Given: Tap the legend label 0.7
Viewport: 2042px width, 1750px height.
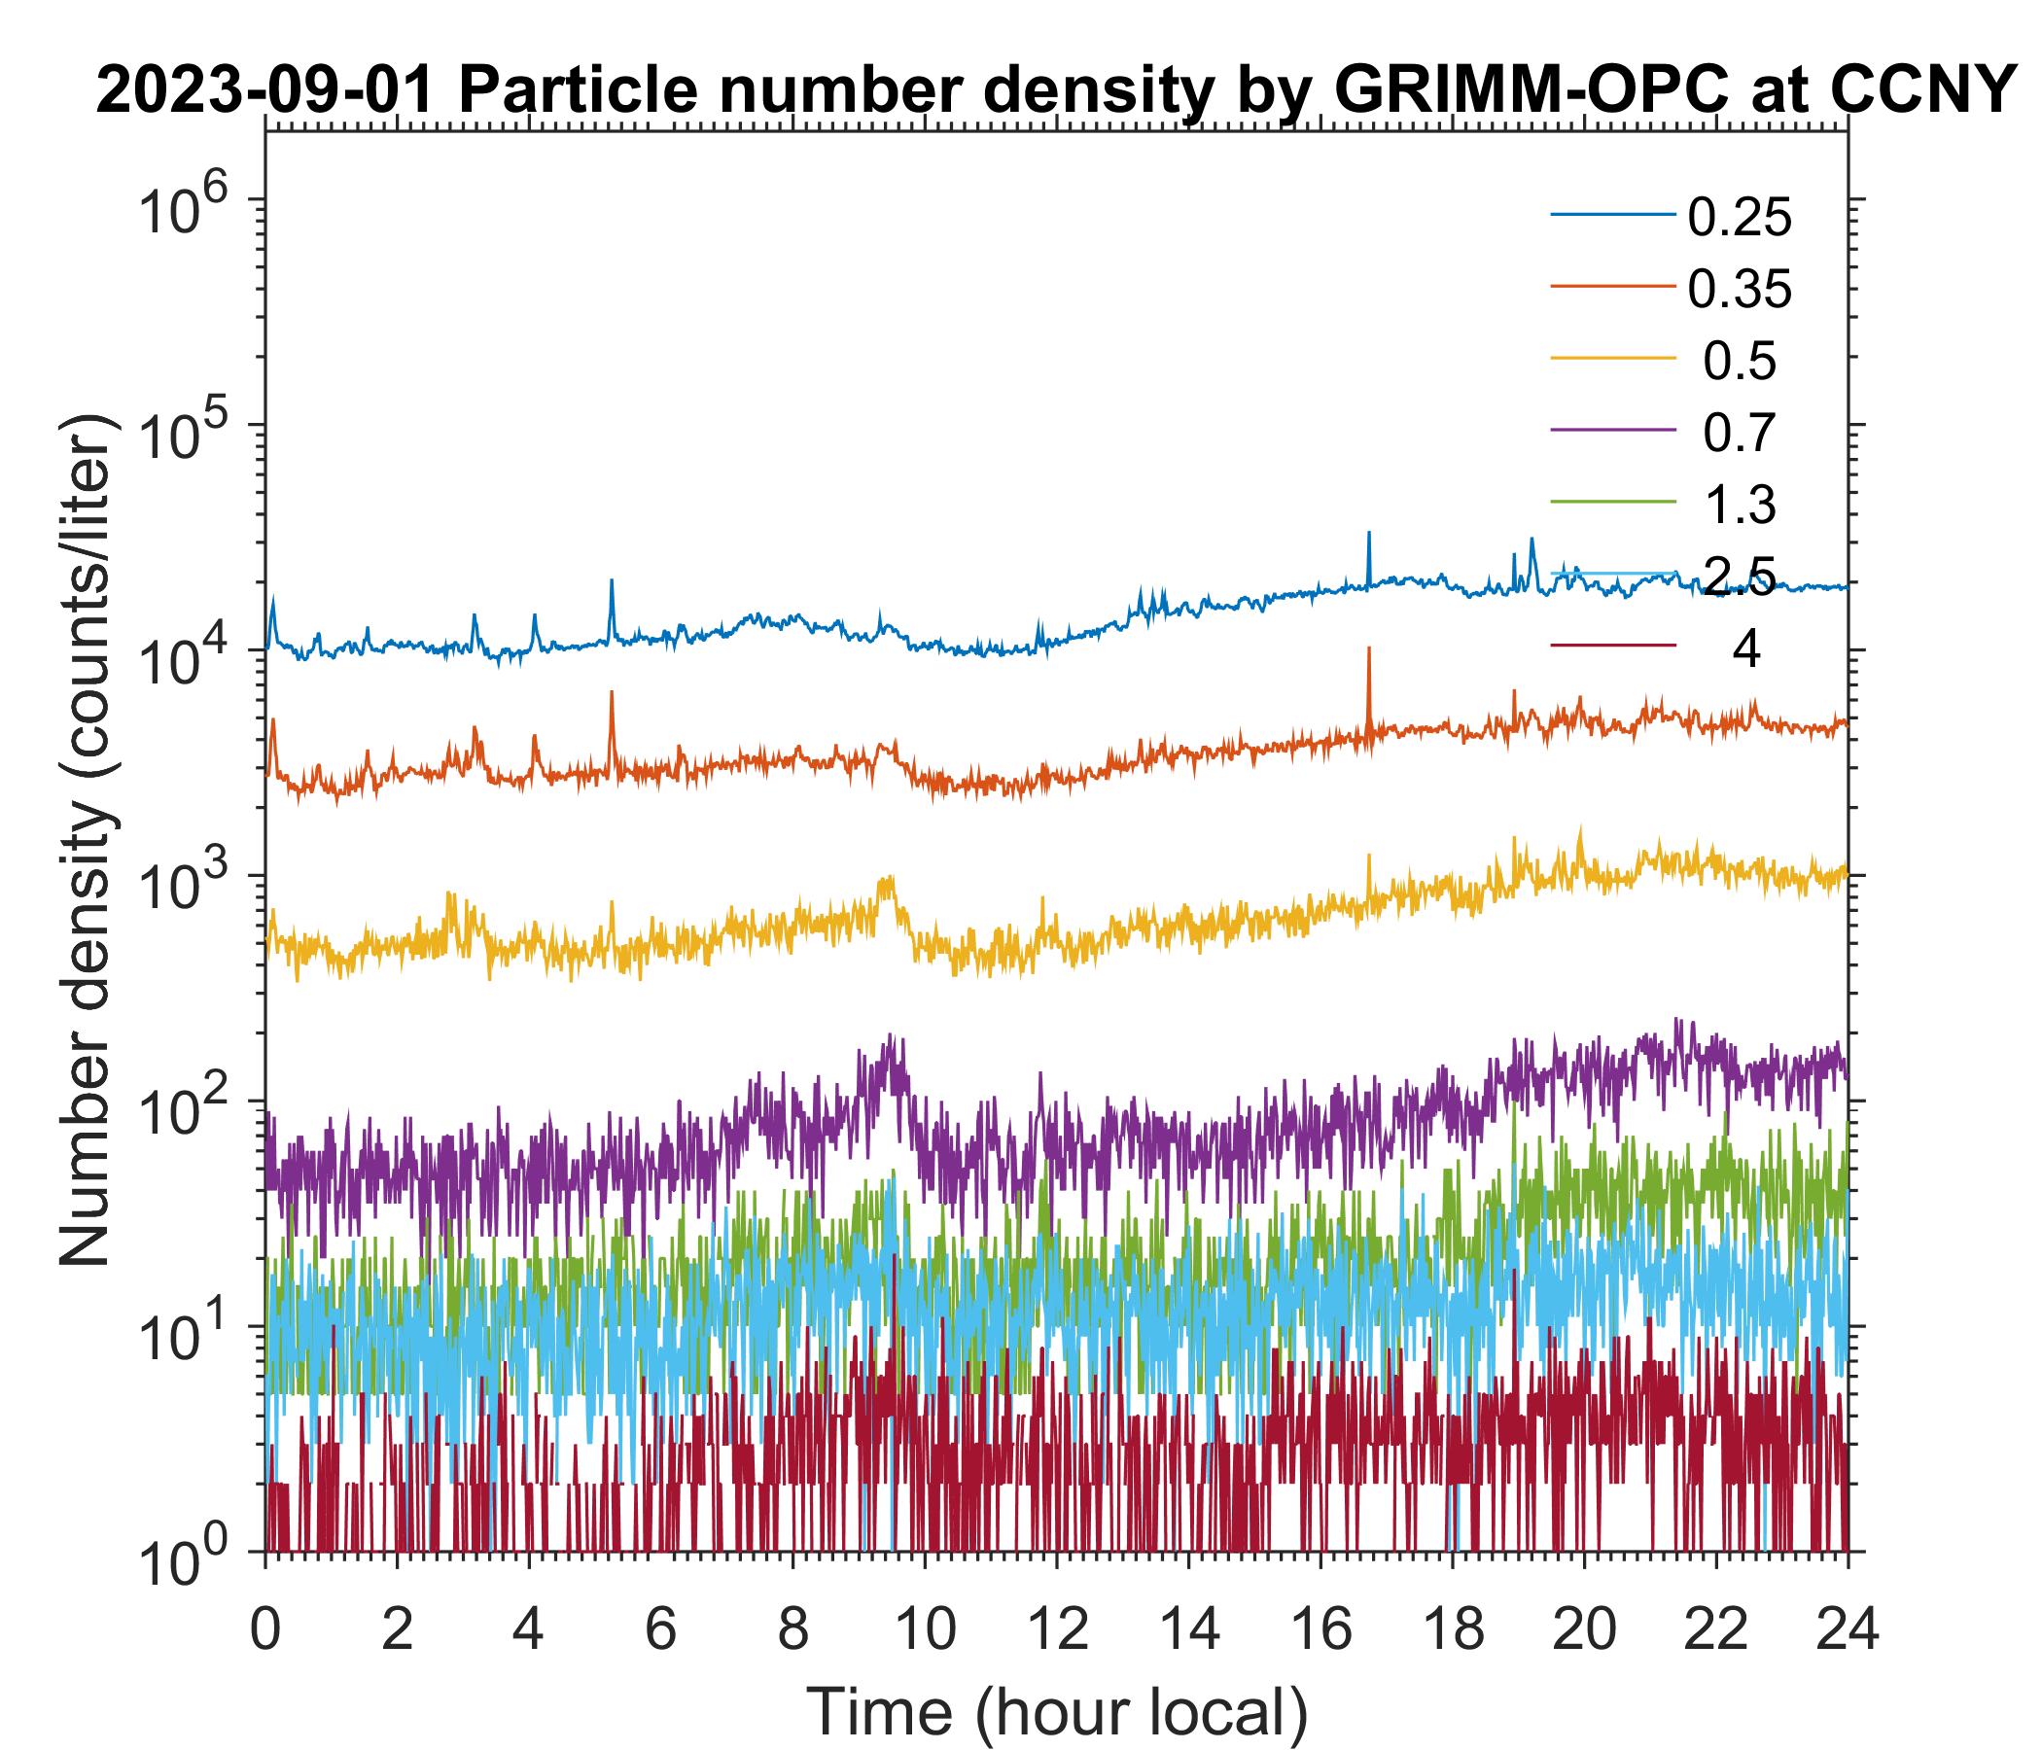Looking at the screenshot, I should click(1739, 434).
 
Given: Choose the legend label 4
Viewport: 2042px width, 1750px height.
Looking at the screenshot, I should click(1745, 650).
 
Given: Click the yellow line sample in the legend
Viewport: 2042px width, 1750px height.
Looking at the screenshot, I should click(1613, 361).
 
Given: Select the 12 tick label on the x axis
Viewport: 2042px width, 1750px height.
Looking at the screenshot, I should click(1055, 1627).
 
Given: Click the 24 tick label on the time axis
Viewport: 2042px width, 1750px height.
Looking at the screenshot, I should click(1846, 1627).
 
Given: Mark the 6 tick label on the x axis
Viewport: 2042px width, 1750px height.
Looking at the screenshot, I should click(660, 1627).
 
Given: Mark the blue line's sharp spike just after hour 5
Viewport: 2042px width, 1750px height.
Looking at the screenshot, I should click(611, 583).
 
